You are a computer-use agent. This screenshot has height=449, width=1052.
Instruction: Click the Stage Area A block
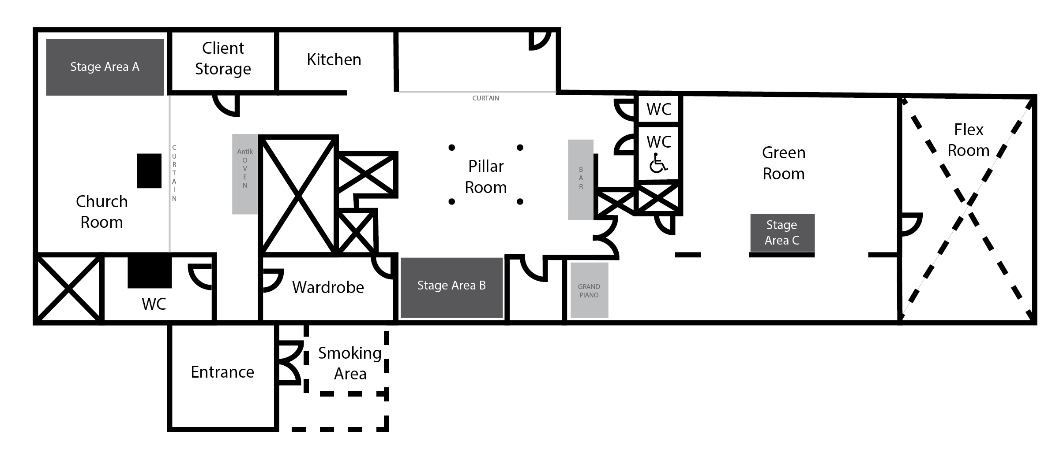[x=105, y=67]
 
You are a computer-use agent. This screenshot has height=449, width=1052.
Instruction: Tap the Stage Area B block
[x=451, y=287]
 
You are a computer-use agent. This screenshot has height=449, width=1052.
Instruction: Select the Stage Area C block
[x=782, y=233]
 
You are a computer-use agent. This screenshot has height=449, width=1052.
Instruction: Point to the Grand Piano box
[x=589, y=290]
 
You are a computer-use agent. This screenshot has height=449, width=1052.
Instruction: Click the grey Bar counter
[x=580, y=179]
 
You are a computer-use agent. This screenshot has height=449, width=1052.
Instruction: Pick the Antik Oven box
[x=245, y=174]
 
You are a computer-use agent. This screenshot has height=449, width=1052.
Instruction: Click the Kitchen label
[x=334, y=59]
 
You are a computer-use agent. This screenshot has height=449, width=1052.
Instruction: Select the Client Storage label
[x=223, y=58]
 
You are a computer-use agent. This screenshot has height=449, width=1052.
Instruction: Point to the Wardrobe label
[x=328, y=287]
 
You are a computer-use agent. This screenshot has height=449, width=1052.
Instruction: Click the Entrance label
[x=222, y=372]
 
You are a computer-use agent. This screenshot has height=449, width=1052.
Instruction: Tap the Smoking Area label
[x=350, y=363]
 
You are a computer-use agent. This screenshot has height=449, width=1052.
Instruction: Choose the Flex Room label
[x=968, y=140]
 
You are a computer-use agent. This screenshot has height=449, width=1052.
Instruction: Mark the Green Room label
[x=784, y=163]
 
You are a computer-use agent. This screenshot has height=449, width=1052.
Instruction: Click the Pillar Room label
[x=485, y=177]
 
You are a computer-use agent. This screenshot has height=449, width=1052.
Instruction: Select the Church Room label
[x=102, y=212]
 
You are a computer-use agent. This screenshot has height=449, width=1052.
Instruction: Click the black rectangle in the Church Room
[x=149, y=171]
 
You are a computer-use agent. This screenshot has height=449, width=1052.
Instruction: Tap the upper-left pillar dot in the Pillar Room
[x=451, y=148]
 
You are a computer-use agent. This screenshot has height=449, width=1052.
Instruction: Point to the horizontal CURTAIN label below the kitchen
[x=485, y=98]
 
